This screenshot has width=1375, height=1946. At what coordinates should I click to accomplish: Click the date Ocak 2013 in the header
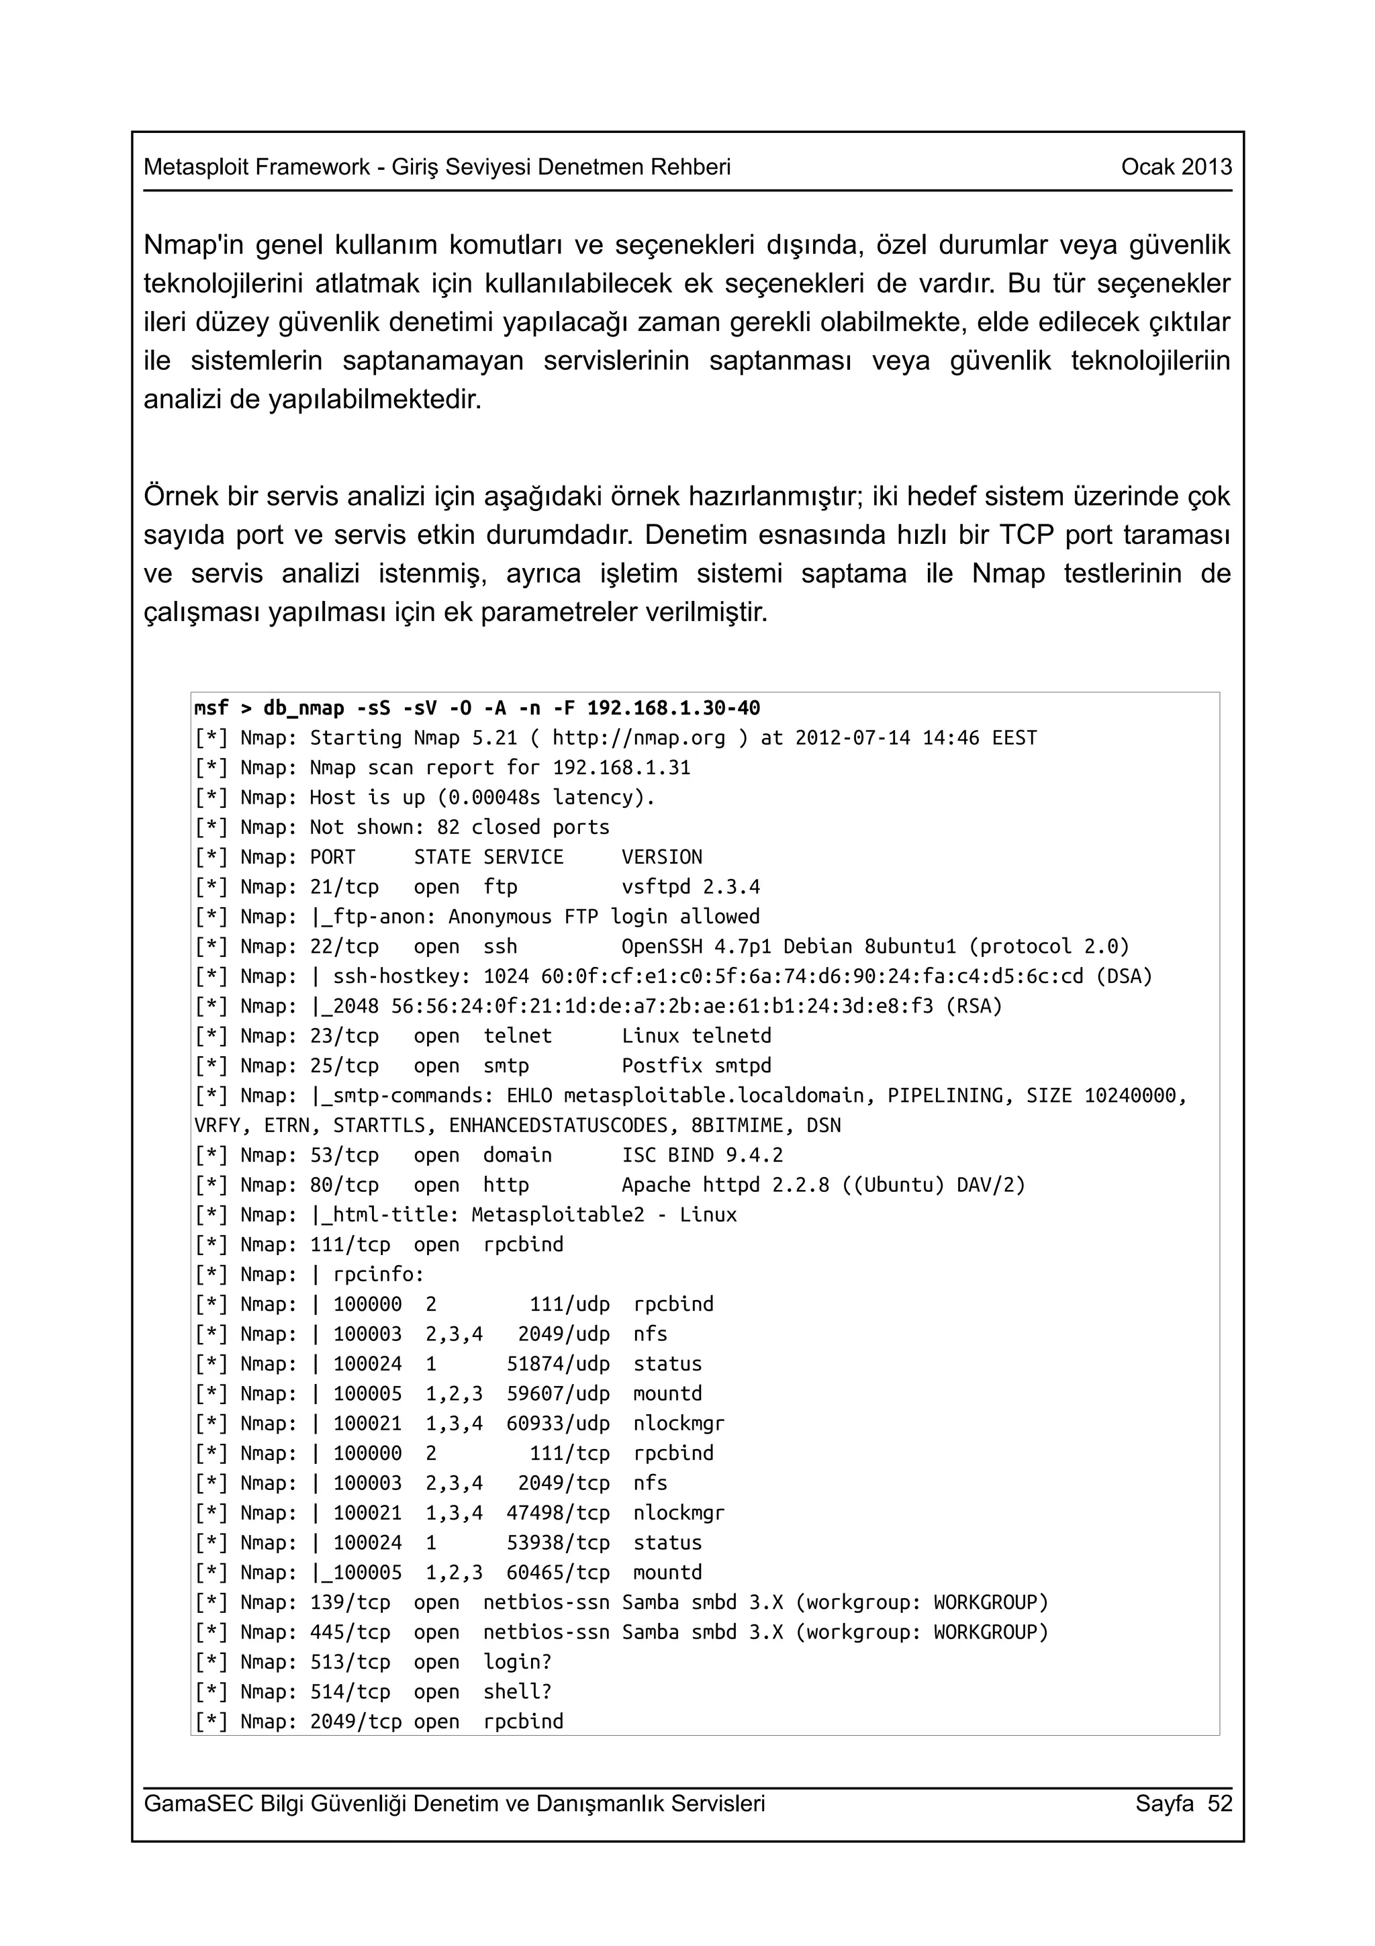(1176, 167)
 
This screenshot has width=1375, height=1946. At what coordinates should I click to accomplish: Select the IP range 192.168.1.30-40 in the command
(673, 708)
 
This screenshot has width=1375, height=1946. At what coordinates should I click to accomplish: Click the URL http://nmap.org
(638, 737)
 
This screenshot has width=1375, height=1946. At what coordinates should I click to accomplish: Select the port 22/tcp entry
(344, 946)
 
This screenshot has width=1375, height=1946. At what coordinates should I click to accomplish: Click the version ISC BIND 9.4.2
(702, 1154)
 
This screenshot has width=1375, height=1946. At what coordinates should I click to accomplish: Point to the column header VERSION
(662, 857)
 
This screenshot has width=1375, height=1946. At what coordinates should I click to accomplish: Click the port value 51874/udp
(557, 1364)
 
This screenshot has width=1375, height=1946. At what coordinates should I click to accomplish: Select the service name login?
(517, 1661)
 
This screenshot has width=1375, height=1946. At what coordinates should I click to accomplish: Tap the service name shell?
(517, 1691)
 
